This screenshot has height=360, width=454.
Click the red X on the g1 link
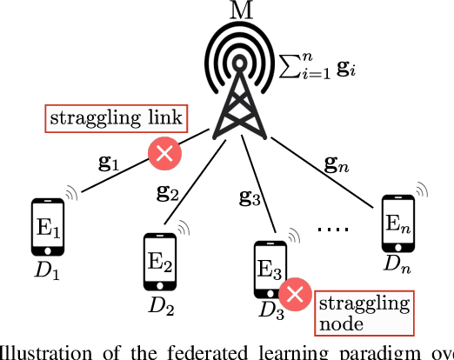point(164,155)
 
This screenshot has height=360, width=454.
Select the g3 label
point(249,201)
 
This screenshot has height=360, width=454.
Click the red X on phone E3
point(297,294)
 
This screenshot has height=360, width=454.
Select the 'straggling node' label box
point(364,312)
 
